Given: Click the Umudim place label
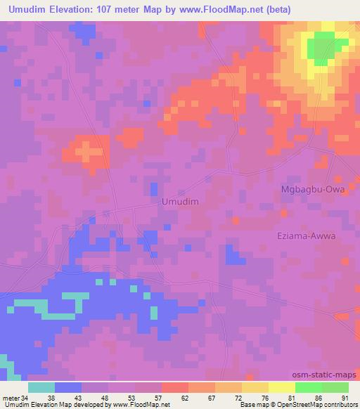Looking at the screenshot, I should click(180, 202).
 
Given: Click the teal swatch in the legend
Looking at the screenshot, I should click(41, 387).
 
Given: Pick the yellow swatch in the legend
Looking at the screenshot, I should click(282, 387).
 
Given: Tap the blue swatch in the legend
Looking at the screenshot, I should click(68, 387).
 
